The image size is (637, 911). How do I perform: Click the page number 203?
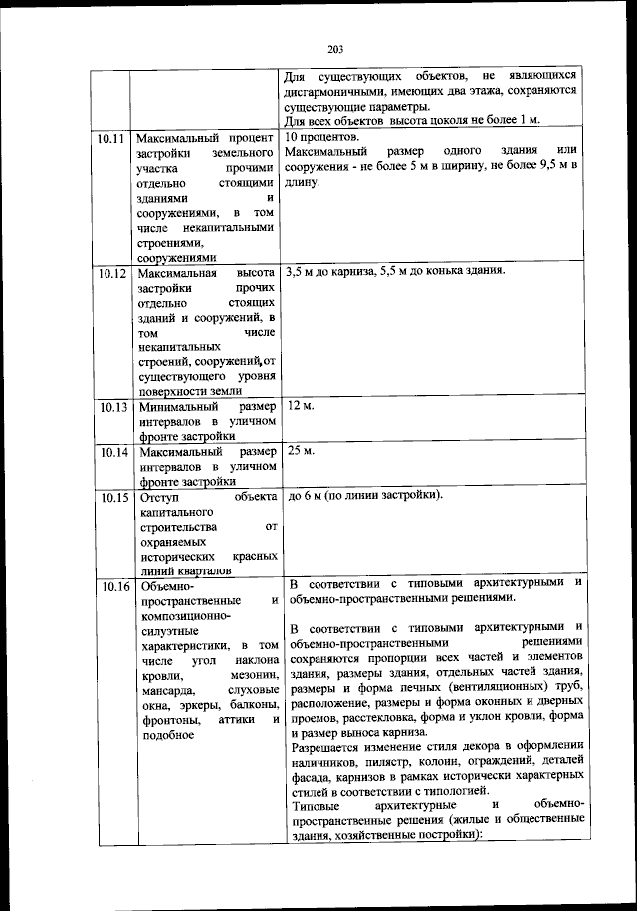coord(334,50)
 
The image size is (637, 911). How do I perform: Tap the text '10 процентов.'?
coord(320,137)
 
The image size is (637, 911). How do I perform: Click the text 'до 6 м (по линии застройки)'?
coord(363,495)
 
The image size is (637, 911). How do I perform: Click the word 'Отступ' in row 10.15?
coord(158,496)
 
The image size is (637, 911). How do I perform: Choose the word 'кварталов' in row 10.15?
coord(200,571)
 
